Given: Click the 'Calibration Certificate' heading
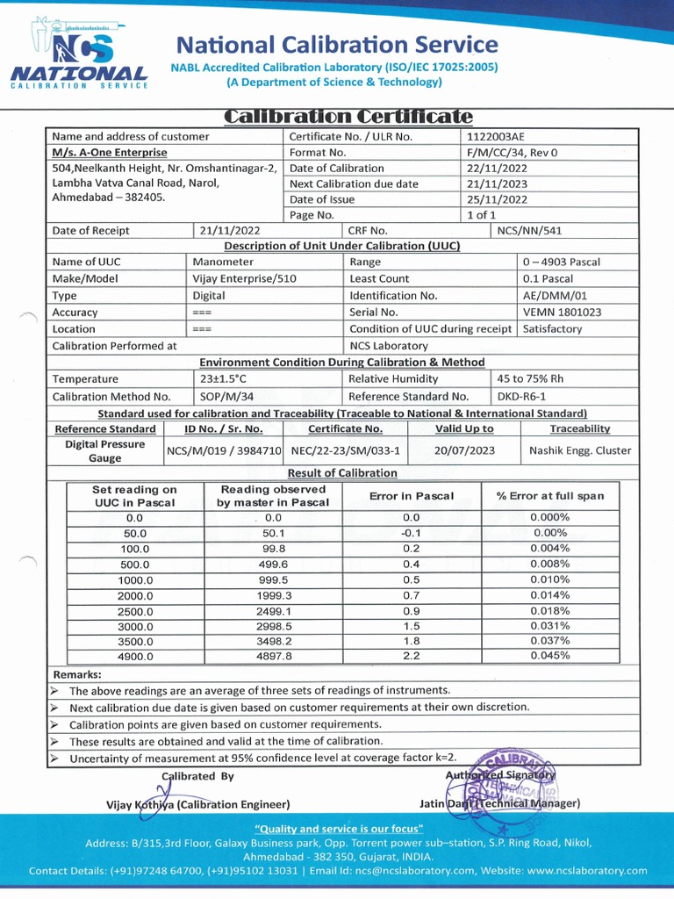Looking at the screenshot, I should [348, 117].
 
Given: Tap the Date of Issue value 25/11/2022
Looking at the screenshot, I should [498, 199].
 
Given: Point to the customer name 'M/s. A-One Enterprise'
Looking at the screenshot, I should [110, 152].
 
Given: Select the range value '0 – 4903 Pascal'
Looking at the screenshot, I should [562, 262].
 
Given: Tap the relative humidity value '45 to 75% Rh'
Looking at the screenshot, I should [529, 378].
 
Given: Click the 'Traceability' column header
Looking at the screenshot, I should [579, 428].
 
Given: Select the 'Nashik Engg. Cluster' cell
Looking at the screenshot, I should [580, 450].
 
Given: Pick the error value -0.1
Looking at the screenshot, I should [411, 533].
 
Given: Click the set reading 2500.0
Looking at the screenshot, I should [135, 612].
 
